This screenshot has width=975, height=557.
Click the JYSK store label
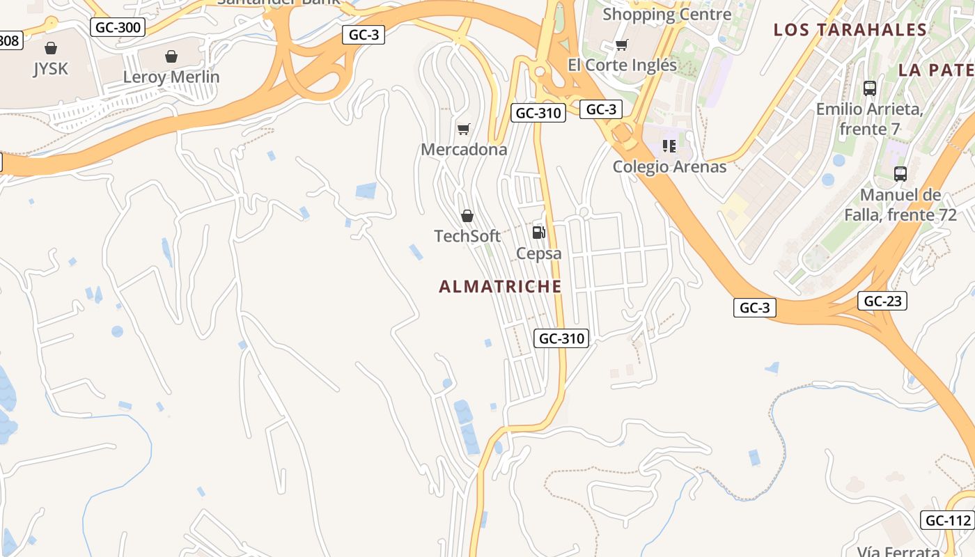[x=50, y=69]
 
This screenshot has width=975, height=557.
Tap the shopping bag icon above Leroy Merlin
[x=171, y=56]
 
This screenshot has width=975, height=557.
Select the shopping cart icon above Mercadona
[x=464, y=129]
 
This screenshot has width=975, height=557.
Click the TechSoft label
[x=467, y=236]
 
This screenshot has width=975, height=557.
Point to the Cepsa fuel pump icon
[x=538, y=233]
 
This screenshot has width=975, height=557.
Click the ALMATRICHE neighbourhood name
[x=500, y=286]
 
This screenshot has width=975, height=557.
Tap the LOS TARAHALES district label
[x=850, y=30]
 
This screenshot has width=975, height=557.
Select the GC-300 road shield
[x=118, y=28]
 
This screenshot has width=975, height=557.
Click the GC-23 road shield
[x=882, y=301]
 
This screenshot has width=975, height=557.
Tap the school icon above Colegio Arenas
[x=669, y=146]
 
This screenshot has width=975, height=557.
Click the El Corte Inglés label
[x=623, y=65]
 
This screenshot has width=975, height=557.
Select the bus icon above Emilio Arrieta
[x=870, y=88]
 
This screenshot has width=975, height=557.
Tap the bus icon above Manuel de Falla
[x=900, y=174]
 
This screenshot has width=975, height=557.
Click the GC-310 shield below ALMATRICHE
[x=561, y=339]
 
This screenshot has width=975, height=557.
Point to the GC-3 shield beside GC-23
[x=754, y=308]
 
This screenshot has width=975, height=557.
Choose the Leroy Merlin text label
[x=171, y=77]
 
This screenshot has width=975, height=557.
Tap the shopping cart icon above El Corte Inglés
[x=622, y=45]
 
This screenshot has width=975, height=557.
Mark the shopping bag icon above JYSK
[x=50, y=48]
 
